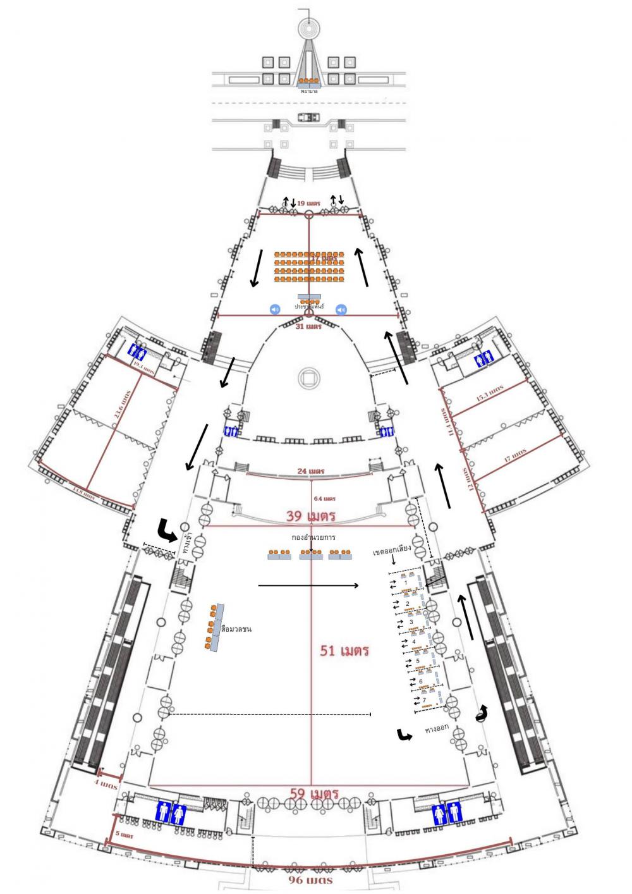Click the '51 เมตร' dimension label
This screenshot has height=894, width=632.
point(344,650)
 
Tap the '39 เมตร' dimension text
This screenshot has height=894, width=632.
point(310,515)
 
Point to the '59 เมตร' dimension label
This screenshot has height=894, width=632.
point(314,793)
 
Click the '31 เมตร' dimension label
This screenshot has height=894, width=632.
point(309,326)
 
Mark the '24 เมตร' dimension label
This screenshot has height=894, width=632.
point(312,472)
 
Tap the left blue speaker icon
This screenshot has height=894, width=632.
point(274,309)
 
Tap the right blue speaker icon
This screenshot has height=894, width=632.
point(341,309)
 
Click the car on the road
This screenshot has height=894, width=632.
point(309,117)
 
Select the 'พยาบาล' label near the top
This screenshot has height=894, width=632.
point(310,91)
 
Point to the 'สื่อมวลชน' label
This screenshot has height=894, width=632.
point(236,629)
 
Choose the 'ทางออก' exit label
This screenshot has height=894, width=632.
point(437,728)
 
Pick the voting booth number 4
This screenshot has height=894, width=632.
point(414,642)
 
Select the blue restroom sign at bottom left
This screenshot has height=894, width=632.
point(171,812)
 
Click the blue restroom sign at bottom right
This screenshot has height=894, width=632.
point(446,813)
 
